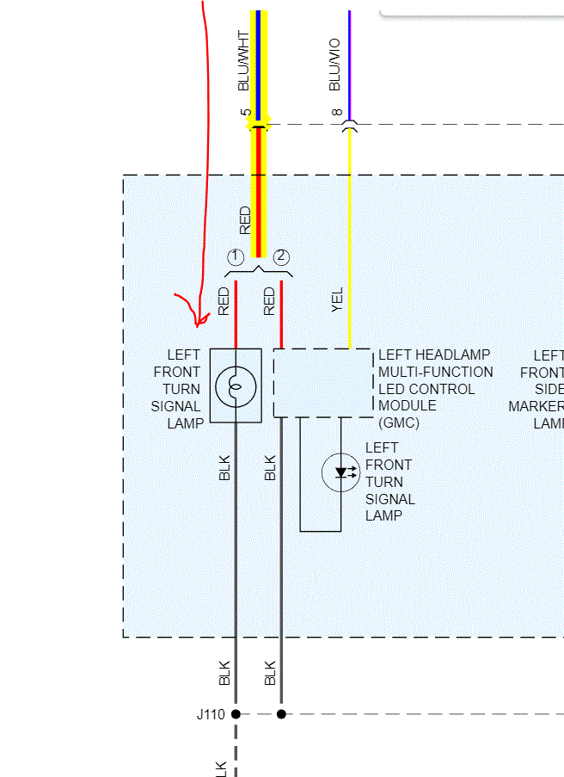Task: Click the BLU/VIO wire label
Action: tap(334, 65)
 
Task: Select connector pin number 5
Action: tap(246, 113)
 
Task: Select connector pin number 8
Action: tap(337, 113)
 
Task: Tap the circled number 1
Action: tap(236, 257)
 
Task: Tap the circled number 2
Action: tap(281, 257)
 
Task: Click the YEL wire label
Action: tap(337, 299)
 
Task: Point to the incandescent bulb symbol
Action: tap(236, 386)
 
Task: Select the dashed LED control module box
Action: tap(323, 383)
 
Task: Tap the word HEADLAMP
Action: tap(462, 355)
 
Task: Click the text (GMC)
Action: tap(395, 422)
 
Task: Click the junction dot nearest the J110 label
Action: tap(236, 714)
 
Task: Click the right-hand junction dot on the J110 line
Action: tap(281, 714)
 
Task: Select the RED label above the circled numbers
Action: tap(245, 219)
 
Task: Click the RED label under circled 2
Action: tap(269, 301)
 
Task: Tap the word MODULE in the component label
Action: tap(407, 405)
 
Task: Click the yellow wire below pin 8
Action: tap(349, 232)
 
